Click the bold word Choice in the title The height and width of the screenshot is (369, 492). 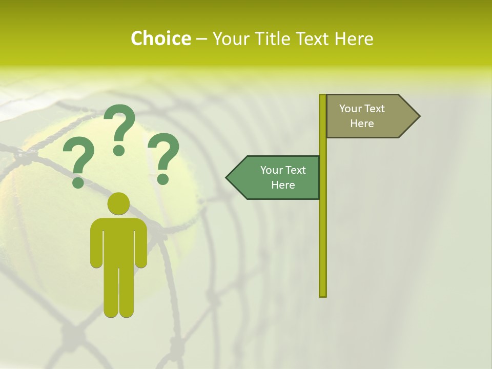(160, 38)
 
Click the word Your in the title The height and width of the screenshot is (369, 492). (231, 38)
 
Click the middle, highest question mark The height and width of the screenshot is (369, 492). (119, 128)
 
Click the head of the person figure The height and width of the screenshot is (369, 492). (119, 204)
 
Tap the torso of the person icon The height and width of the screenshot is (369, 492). (119, 241)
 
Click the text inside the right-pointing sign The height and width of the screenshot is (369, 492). (362, 116)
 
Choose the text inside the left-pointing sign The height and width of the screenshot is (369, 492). (283, 177)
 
